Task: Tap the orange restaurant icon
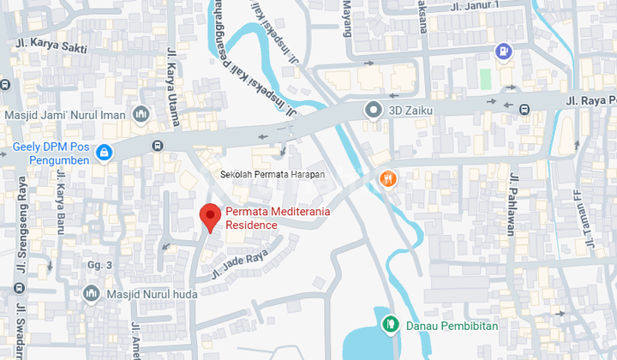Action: [388, 178]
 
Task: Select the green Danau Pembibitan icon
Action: [391, 324]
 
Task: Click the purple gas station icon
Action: [504, 51]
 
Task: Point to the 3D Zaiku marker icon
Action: [373, 109]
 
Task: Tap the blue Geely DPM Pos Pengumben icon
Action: [104, 153]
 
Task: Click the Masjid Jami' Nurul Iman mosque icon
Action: [140, 115]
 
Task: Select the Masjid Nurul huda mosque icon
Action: [92, 294]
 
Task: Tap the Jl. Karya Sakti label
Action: [51, 44]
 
